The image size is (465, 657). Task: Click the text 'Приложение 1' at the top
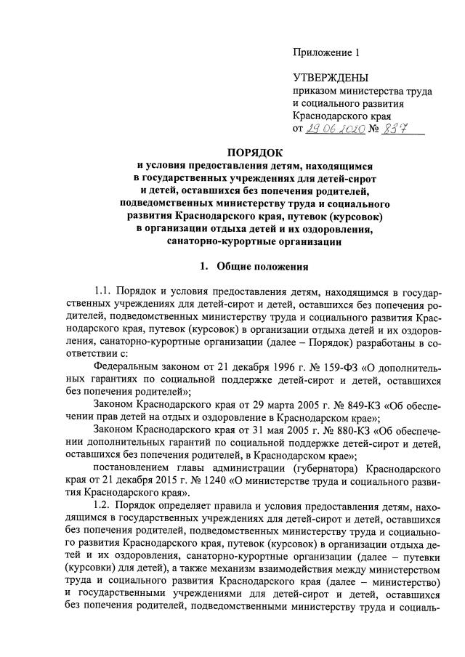326,52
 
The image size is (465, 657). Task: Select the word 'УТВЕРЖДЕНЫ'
331,78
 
